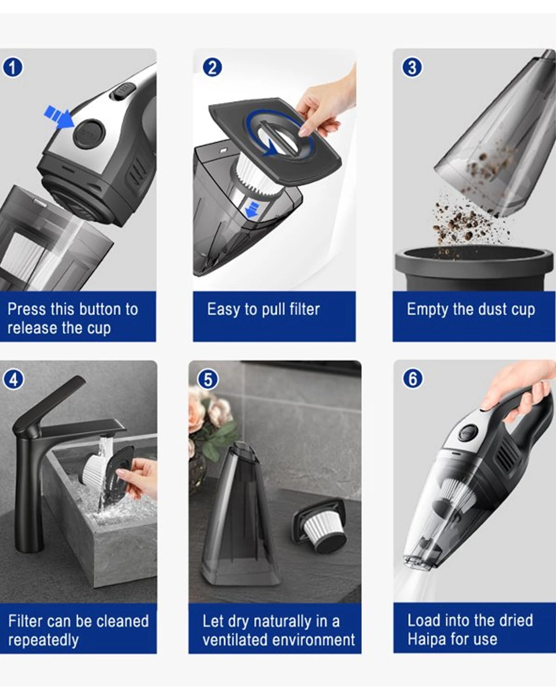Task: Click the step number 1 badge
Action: [12, 68]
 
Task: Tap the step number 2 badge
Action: [212, 67]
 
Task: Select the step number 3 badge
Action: [412, 67]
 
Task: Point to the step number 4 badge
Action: [13, 380]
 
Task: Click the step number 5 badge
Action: [208, 379]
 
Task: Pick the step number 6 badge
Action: [412, 379]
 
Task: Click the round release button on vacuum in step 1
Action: [89, 134]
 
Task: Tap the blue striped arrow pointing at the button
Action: [58, 115]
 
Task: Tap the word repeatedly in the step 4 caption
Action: [43, 640]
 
